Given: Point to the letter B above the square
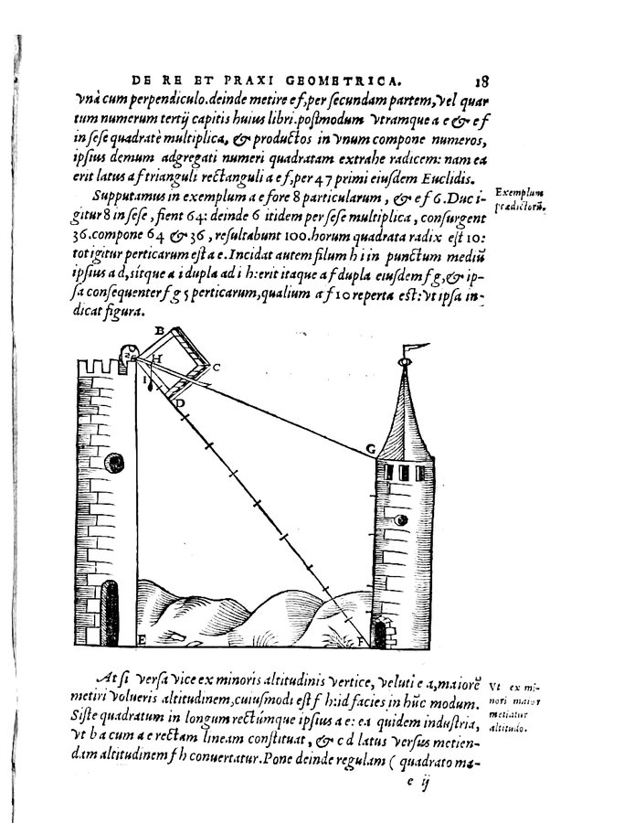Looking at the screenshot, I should [x=159, y=329].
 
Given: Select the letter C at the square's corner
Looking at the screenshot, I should [x=217, y=367].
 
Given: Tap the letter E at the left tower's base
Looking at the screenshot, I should [x=141, y=638].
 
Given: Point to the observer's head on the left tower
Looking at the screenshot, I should [x=127, y=351].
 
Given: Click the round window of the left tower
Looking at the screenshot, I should [x=114, y=459].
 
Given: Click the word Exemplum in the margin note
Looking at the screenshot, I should [x=517, y=193].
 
